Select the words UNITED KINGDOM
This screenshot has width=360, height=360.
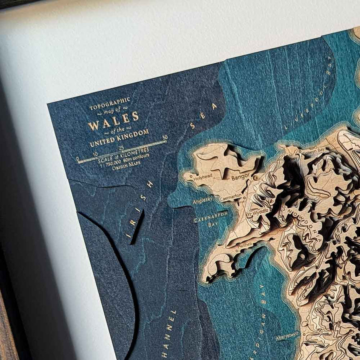120,138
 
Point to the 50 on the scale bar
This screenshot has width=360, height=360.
165,138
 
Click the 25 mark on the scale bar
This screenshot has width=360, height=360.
121,148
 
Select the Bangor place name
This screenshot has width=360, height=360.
240,176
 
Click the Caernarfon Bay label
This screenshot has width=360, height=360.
210,218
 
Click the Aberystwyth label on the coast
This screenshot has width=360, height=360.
288,336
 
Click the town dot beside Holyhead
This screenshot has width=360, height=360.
192,175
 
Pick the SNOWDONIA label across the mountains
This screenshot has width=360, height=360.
304,224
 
